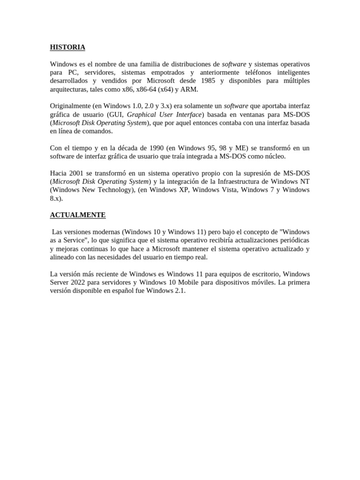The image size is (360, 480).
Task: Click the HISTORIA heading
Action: [67, 47]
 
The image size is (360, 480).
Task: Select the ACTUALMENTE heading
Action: [78, 215]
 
